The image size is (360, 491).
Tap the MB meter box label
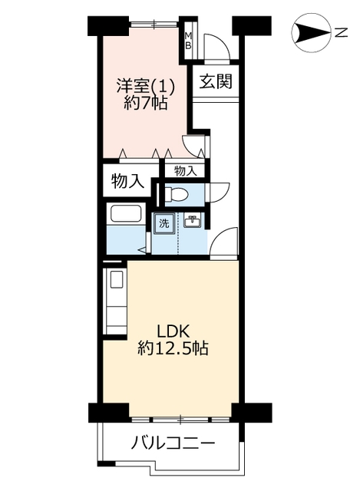click(188, 41)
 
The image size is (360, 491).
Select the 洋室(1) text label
click(145, 85)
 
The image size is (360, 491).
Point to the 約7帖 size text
click(145, 102)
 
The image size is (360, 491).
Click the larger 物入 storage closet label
click(128, 181)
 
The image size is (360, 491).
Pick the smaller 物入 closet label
click(186, 171)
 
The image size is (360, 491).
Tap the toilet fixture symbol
click(176, 194)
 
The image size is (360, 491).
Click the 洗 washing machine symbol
click(163, 223)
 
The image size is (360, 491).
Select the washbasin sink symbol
click(192, 221)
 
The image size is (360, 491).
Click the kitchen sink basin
click(117, 278)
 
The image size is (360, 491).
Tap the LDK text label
click(173, 331)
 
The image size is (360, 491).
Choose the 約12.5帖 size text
click(173, 348)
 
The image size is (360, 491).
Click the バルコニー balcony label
click(173, 443)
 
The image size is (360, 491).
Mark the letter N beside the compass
click(342, 32)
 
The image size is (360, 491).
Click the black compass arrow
click(311, 32)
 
